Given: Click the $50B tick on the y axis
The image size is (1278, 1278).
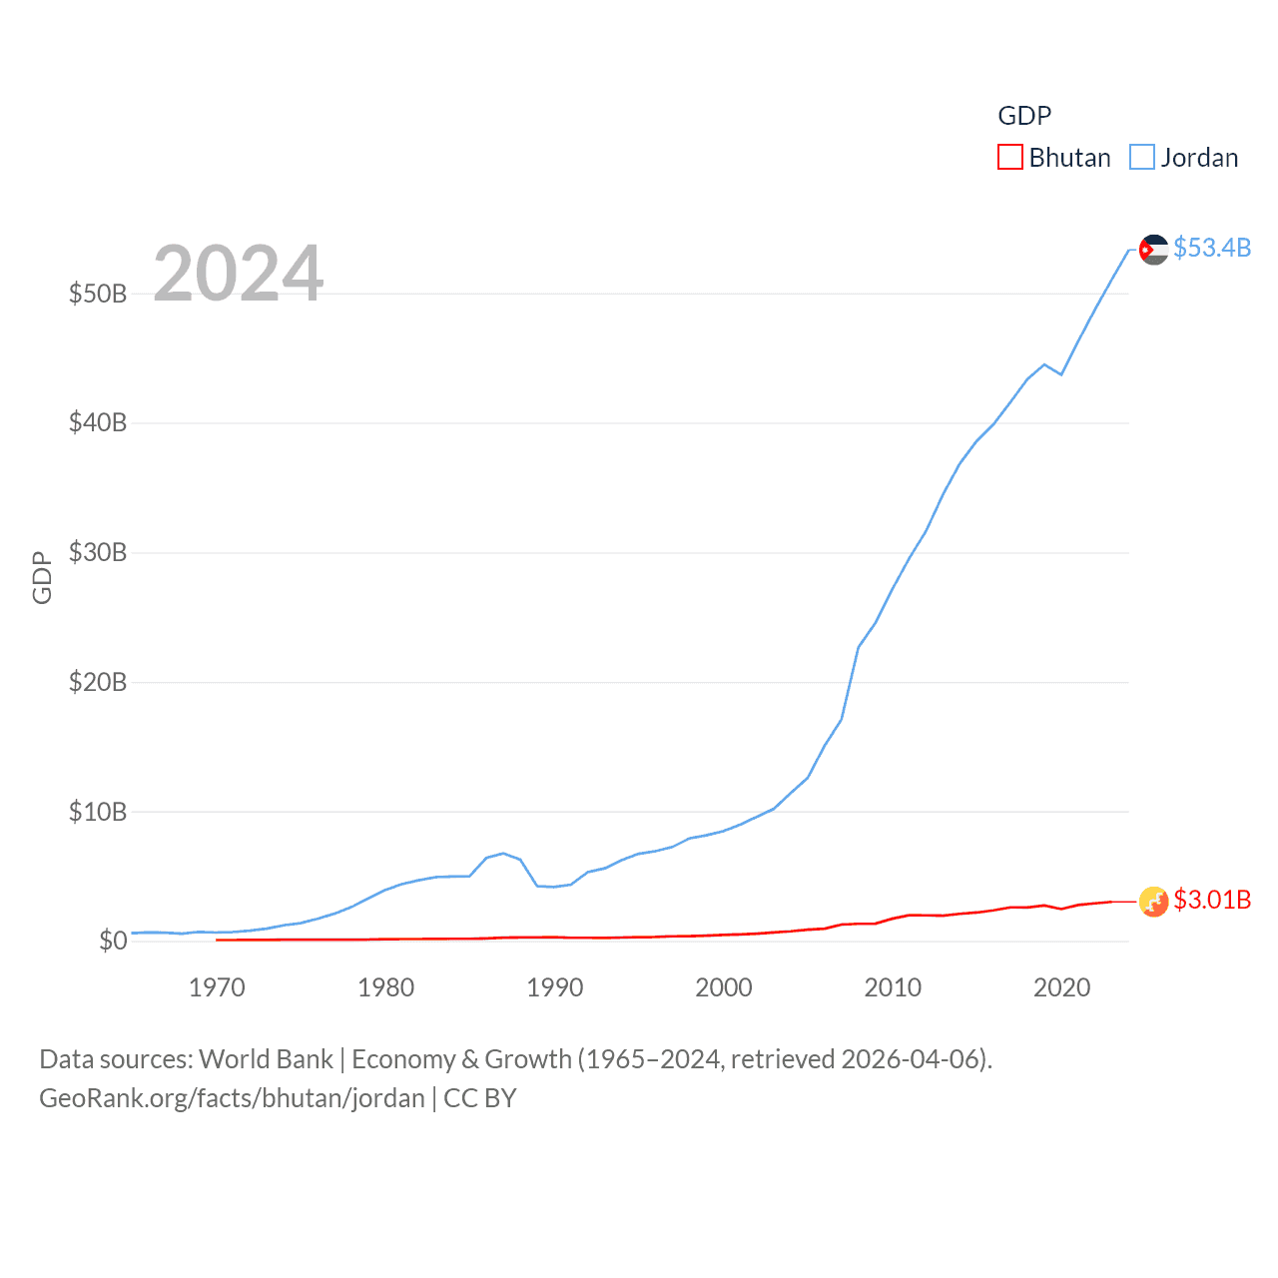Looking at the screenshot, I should click(x=98, y=294).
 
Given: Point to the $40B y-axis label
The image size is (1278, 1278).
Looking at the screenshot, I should click(x=98, y=422).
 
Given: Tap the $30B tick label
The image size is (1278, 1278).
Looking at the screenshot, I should click(x=98, y=552).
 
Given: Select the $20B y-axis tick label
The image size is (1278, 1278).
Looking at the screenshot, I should click(x=98, y=682).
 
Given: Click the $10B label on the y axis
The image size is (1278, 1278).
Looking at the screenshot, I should click(x=98, y=811).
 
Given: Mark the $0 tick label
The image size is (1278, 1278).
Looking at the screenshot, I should click(x=113, y=941).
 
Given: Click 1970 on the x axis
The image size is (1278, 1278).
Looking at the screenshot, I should click(x=217, y=987).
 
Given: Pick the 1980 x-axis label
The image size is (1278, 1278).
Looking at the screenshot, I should click(x=385, y=987).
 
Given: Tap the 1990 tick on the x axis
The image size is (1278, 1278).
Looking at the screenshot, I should click(x=555, y=987).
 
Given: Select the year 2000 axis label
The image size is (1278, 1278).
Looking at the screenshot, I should click(x=724, y=987).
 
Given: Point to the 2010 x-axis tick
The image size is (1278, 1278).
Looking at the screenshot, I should click(x=893, y=987).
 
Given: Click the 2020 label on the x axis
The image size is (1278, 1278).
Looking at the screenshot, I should click(x=1061, y=987).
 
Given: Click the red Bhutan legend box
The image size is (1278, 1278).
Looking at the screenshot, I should click(x=1010, y=158).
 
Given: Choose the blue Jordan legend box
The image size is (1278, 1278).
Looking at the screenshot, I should click(x=1142, y=158).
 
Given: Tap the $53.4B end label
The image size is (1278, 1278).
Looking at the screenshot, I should click(x=1212, y=248).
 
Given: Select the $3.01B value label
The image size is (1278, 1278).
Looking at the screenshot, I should click(x=1212, y=900).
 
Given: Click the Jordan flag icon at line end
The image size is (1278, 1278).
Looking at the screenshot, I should click(x=1154, y=250).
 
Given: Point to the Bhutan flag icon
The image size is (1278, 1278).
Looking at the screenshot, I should click(x=1154, y=902).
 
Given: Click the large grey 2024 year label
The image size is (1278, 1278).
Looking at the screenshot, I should click(x=238, y=274).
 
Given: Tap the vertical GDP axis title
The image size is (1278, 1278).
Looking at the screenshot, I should click(x=42, y=577).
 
